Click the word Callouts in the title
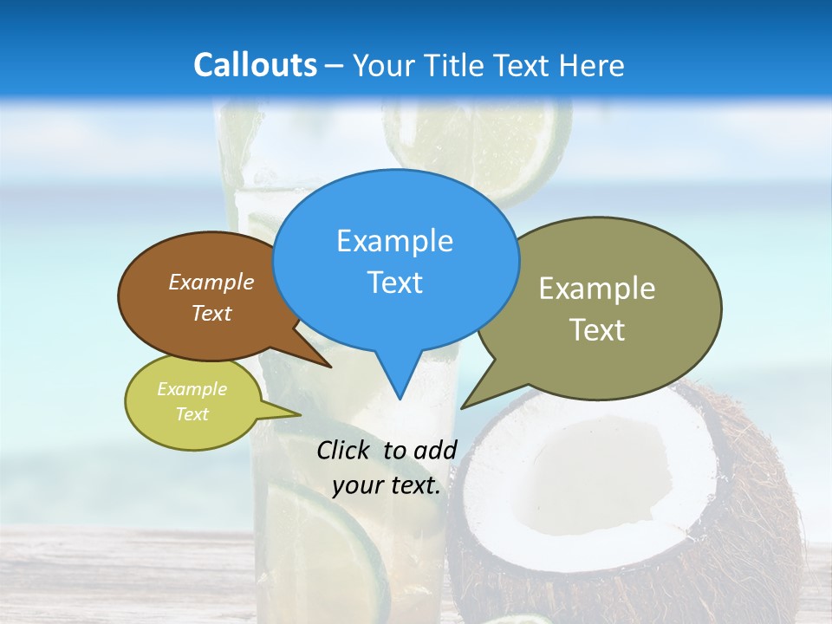coord(255,65)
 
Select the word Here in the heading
coord(592,65)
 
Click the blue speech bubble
coord(395,260)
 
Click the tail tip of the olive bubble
coord(463,406)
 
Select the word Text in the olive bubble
coord(597,330)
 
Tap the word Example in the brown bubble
coord(211,282)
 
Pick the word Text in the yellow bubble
coord(192,414)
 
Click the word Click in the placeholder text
coord(345,450)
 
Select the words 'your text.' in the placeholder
coord(387,486)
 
